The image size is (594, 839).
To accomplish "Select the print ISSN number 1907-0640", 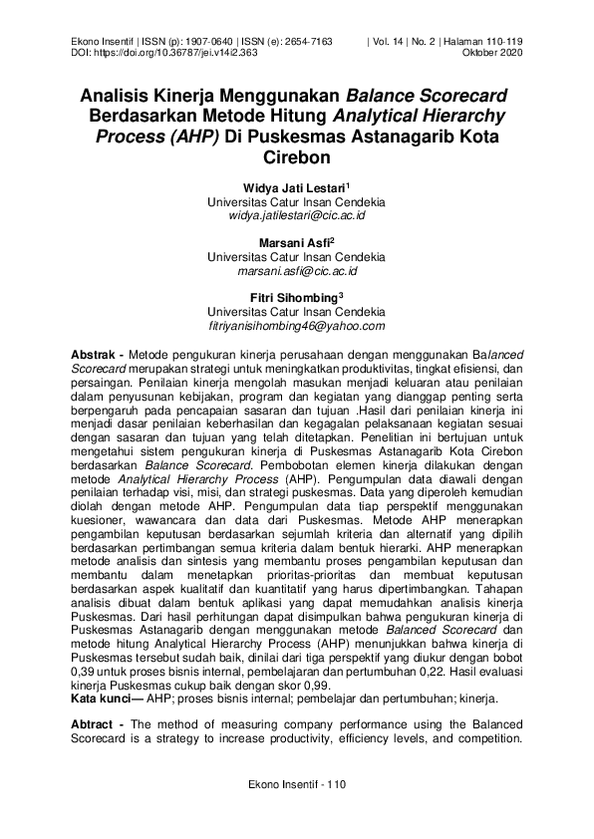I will pos(213,41).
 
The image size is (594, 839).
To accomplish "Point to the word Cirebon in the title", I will pos(296,157).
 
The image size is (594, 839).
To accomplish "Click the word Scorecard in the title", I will pos(458,97).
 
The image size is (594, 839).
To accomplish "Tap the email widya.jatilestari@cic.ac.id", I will pos(297,214).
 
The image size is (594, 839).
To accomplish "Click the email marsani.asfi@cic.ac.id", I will pos(297,270).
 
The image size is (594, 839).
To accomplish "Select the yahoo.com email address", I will pos(297,325).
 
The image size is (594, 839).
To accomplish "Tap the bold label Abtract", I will pos(95,722).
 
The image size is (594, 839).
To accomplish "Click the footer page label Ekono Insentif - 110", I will pos(297,785).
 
